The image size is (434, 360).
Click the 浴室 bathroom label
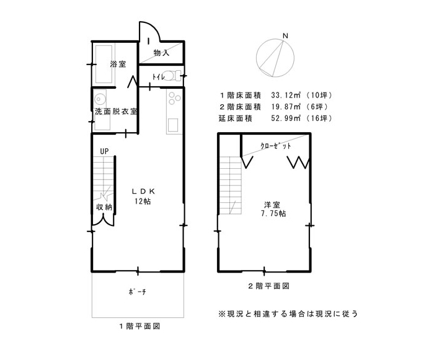click(118, 65)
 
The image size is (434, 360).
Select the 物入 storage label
click(161, 52)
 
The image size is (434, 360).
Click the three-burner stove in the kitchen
click(174, 98)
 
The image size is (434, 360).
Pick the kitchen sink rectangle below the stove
click(174, 125)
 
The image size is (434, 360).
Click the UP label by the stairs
click(104, 151)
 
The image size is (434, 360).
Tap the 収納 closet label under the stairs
click(104, 207)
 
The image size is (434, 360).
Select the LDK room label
click(143, 191)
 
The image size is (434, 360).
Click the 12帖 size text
click(143, 201)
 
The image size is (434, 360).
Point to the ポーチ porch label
click(138, 292)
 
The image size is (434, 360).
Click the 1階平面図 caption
click(139, 326)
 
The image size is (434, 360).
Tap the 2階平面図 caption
click(268, 286)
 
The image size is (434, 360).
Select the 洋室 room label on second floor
click(272, 205)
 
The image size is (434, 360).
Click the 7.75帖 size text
click(273, 214)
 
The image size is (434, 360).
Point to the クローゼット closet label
click(276, 146)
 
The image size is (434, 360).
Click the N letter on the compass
click(285, 36)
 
